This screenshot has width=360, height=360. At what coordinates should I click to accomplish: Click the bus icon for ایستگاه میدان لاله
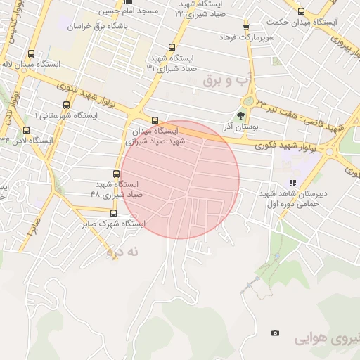click(x=30, y=53)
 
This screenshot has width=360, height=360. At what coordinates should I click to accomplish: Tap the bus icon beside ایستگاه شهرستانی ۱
click(x=67, y=105)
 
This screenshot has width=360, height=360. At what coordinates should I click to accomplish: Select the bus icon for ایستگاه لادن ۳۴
click(x=27, y=130)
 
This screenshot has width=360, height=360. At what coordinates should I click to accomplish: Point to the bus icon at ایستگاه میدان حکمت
click(x=302, y=11)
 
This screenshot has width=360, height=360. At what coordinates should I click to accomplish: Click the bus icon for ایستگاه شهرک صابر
click(x=113, y=213)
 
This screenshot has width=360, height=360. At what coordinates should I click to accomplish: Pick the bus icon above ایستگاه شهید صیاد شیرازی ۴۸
click(x=117, y=174)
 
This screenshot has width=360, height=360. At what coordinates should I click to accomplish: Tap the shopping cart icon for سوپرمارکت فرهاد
click(x=246, y=27)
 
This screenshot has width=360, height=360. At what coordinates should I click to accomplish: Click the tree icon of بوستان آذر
click(x=241, y=115)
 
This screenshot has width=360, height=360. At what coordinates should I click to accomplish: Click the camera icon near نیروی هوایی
click(x=275, y=333)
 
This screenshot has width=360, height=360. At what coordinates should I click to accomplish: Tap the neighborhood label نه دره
click(x=124, y=250)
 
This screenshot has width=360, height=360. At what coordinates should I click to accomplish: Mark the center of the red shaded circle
click(x=180, y=179)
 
